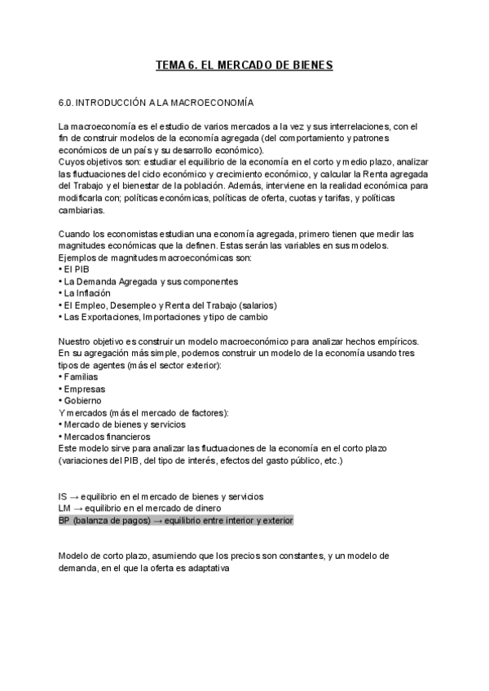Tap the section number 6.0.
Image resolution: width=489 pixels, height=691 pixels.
pos(67,103)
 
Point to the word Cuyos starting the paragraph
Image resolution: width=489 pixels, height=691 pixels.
pos(71,161)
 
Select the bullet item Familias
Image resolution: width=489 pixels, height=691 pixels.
pos(81,376)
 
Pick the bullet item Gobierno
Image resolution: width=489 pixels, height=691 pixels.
pos(82,400)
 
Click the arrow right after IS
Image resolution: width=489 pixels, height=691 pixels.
pos(74,496)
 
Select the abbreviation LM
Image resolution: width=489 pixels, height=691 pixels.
pos(65,508)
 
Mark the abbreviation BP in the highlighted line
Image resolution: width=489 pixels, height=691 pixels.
pos(64,520)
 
